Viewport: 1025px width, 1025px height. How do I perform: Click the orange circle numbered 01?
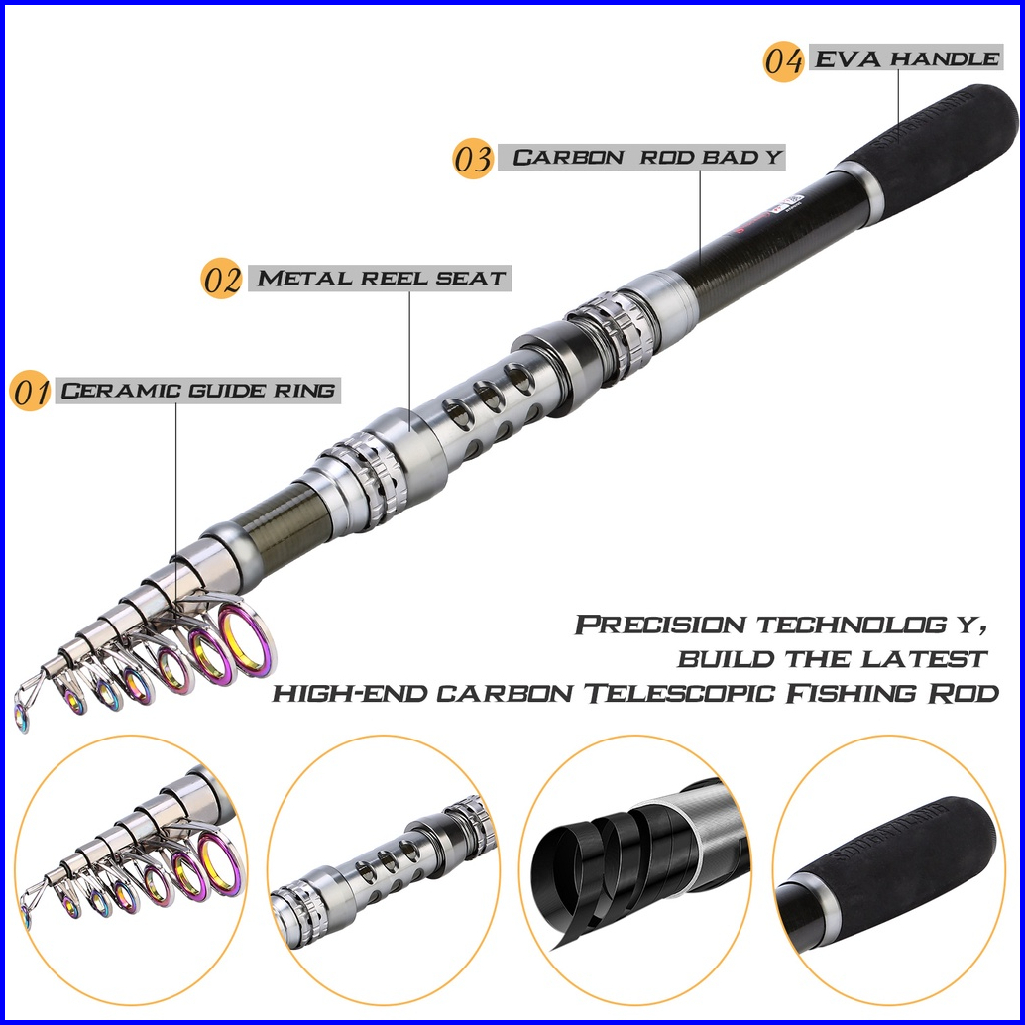(31, 392)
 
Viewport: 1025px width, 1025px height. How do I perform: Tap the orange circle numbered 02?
(222, 279)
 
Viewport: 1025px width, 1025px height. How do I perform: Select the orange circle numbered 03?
(473, 159)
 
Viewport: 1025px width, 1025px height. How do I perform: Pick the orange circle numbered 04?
(783, 60)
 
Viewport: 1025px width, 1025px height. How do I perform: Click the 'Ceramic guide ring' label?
(198, 390)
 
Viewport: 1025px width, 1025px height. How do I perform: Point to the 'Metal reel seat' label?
(382, 278)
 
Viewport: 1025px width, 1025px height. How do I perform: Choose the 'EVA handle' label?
(906, 58)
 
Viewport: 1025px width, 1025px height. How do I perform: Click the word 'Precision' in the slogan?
(660, 626)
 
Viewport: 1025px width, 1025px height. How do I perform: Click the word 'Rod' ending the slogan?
(967, 693)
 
